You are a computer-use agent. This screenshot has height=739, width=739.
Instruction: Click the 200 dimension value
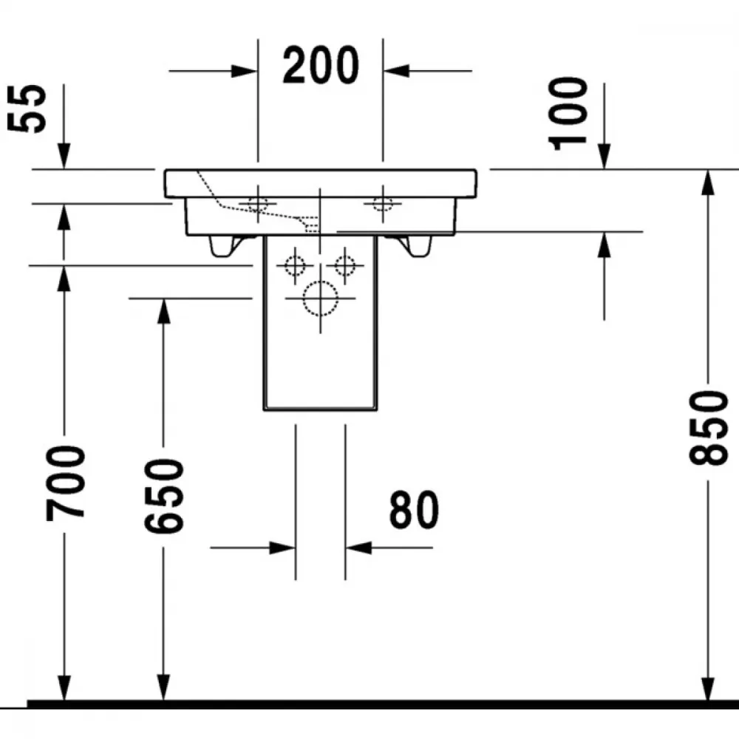[x=321, y=65]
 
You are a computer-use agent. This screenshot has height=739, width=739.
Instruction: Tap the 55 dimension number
[x=27, y=109]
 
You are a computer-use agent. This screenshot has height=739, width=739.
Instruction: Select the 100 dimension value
[x=568, y=113]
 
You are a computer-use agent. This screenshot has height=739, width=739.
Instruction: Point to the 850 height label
[x=708, y=428]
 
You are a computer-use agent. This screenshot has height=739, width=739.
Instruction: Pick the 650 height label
[x=163, y=497]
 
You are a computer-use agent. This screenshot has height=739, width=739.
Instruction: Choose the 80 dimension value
[x=414, y=509]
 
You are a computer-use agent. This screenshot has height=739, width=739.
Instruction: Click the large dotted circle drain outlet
[x=321, y=299]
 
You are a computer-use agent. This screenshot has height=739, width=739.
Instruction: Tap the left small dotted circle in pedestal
[x=295, y=266]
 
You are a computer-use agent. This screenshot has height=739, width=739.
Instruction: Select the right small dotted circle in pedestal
[x=345, y=266]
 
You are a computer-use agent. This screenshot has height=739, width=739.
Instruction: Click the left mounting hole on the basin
[x=258, y=204]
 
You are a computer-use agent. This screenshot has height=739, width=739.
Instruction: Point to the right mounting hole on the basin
[x=383, y=204]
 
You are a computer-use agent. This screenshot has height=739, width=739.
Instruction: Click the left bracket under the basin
[x=225, y=246]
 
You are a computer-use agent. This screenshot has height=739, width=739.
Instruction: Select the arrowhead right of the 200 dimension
[x=396, y=71]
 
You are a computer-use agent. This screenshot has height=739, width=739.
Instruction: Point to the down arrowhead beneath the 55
[x=64, y=155]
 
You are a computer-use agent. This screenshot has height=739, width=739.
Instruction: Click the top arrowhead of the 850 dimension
[x=707, y=183]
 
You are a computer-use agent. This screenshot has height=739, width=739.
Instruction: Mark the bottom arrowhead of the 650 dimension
[x=163, y=687]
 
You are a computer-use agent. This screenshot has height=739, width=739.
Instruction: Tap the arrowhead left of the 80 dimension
[x=282, y=548]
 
